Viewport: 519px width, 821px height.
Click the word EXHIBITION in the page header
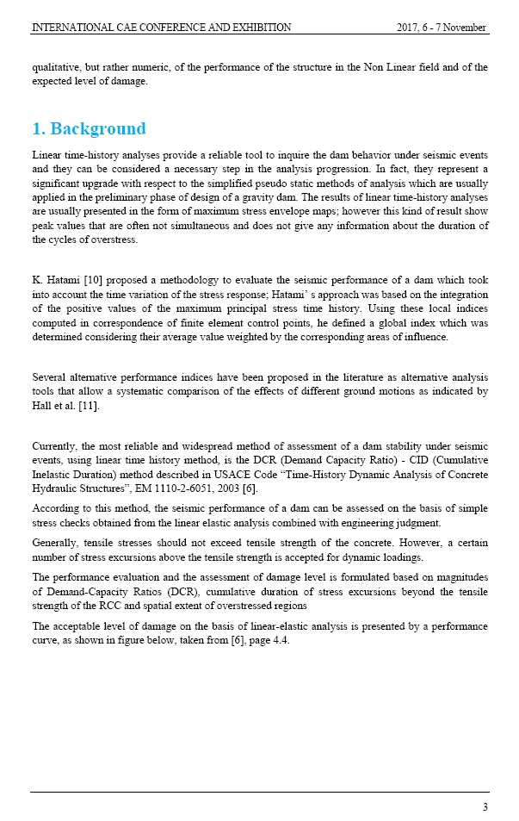pyautogui.click(x=256, y=28)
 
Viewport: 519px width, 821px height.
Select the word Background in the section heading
pyautogui.click(x=98, y=129)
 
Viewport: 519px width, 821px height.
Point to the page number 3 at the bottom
pyautogui.click(x=485, y=806)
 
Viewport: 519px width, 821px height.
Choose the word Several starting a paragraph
pyautogui.click(x=49, y=377)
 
